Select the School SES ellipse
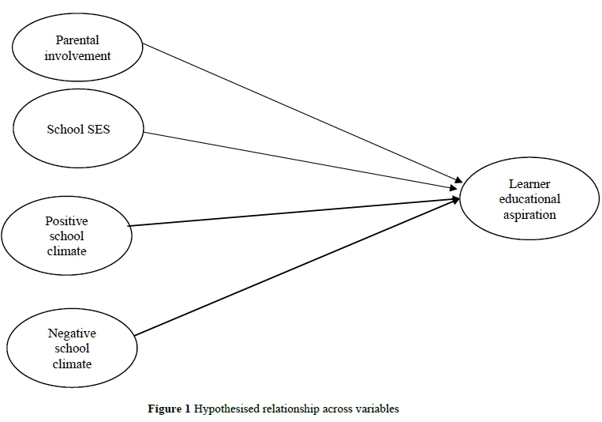point(78,129)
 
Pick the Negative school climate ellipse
point(72,348)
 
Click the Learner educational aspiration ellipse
point(529,198)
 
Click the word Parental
point(78,40)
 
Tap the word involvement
point(78,55)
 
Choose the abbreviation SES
point(96,129)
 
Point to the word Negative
point(72,333)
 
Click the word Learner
point(529,184)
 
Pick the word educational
point(529,198)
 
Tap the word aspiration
point(529,213)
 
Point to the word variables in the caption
point(378,409)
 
